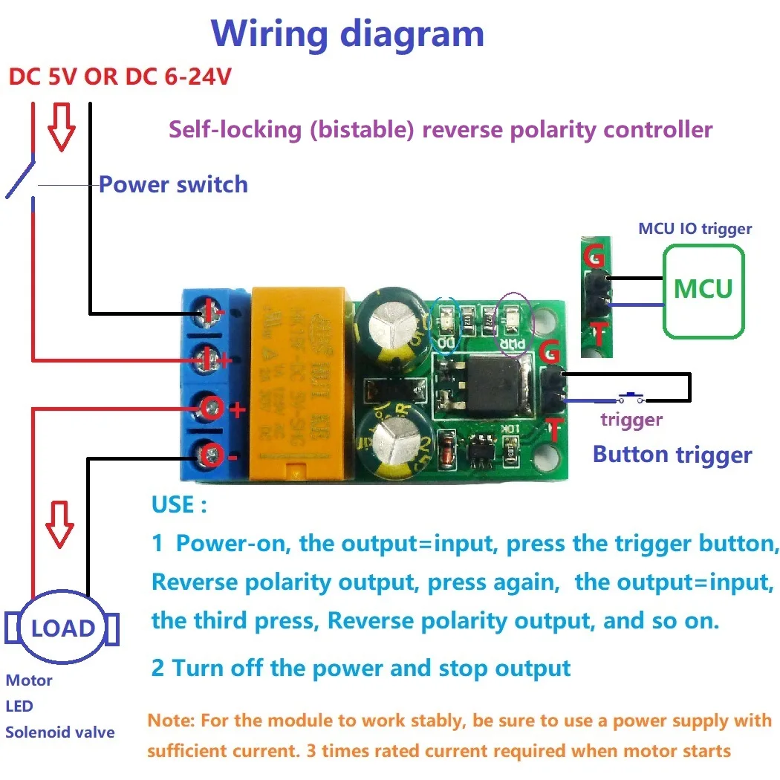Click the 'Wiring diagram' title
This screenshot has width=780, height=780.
tap(348, 34)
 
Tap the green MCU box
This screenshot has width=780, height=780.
tap(703, 289)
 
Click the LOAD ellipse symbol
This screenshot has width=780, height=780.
tap(63, 628)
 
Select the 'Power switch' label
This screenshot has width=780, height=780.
tap(173, 184)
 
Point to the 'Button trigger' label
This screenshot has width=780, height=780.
tap(672, 455)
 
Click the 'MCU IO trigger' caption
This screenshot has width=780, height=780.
tap(695, 229)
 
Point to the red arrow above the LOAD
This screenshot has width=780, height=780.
tap(59, 524)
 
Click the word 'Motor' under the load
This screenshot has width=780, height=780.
tap(29, 680)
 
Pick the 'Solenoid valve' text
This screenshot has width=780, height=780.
tap(60, 732)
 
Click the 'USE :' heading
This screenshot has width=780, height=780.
tap(179, 505)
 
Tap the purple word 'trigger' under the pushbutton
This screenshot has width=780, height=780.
tap(631, 420)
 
